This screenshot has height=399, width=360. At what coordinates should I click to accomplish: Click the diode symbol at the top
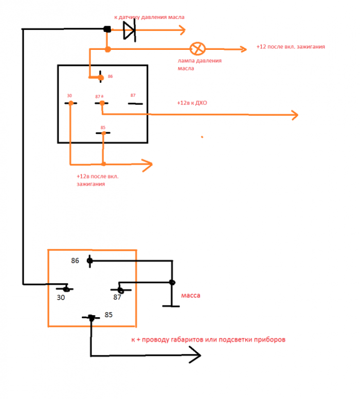(129, 30)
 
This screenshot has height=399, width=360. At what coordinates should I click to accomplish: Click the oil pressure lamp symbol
(197, 49)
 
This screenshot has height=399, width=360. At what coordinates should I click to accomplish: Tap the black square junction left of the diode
(107, 29)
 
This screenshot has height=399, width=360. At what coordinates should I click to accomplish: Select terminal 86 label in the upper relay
(110, 76)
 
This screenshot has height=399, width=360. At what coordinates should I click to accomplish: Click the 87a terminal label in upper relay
(99, 97)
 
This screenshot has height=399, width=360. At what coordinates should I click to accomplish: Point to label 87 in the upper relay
(133, 95)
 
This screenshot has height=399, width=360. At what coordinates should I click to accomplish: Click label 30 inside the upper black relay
(69, 96)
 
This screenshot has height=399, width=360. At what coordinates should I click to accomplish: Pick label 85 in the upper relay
(103, 128)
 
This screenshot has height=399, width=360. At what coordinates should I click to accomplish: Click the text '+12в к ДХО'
(192, 103)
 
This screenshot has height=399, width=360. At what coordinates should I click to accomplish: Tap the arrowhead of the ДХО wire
(295, 115)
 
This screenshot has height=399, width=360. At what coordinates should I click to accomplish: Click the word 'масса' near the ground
(191, 296)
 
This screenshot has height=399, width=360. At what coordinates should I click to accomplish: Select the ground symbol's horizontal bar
(171, 306)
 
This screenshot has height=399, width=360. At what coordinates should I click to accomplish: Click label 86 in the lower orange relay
(75, 261)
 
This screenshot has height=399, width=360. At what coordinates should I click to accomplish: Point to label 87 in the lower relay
(117, 297)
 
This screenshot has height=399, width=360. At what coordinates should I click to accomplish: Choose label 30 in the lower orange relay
(61, 298)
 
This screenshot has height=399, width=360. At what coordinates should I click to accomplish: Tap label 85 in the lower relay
(109, 315)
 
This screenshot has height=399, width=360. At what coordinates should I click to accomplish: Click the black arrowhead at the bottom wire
(196, 355)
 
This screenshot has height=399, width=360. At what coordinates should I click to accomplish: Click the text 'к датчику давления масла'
(149, 17)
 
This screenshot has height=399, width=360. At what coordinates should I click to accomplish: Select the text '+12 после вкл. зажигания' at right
(291, 47)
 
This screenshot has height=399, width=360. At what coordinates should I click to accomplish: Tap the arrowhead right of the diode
(182, 30)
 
